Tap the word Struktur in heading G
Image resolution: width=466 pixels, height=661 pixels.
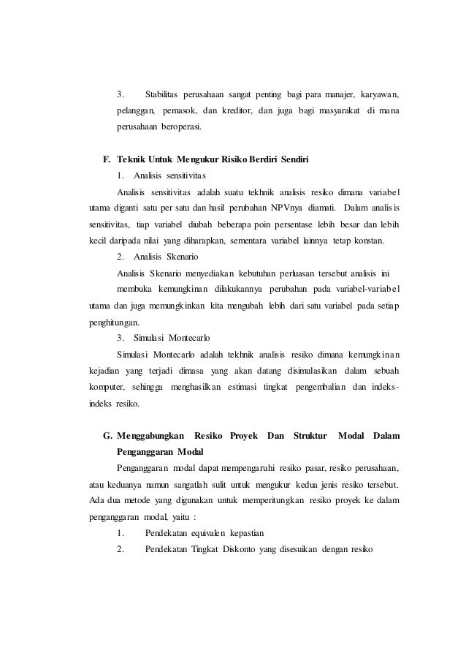(x=310, y=436)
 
